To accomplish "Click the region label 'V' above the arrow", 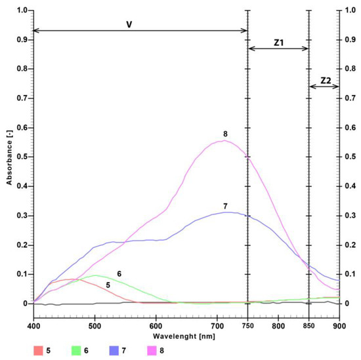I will (130, 24).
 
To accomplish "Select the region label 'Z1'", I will (278, 41).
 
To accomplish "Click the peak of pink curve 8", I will (224, 140).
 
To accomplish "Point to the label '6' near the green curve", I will (119, 273).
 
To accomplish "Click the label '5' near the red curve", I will (108, 285).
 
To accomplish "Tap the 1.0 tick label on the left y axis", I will (22, 11).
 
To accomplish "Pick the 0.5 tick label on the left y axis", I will (22, 157).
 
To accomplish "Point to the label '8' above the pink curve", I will (224, 134).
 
